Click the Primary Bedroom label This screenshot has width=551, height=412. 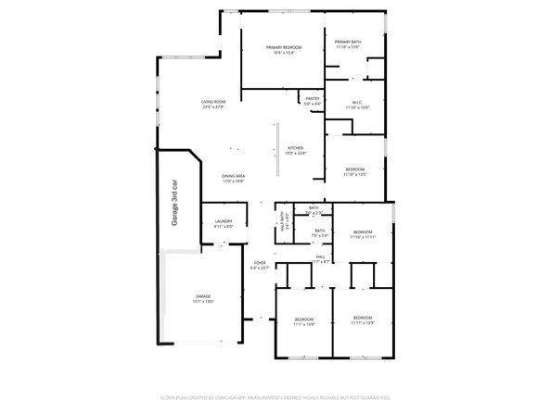tap(283, 48)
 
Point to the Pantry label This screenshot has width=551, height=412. tap(313, 99)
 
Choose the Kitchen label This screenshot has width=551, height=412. tap(296, 150)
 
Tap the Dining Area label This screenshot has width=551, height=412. tap(233, 178)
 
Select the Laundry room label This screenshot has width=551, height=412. tap(224, 223)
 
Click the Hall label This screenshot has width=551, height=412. tap(320, 258)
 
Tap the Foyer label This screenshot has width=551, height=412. tap(261, 265)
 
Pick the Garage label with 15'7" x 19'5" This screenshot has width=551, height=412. tap(202, 299)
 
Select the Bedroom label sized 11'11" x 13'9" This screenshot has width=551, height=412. tap(362, 319)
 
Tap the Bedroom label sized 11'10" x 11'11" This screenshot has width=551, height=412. tap(362, 233)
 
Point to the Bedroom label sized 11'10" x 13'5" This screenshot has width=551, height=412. tap(356, 171)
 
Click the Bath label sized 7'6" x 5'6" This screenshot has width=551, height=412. tap(319, 232)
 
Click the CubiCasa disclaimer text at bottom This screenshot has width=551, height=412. tap(275, 396)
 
